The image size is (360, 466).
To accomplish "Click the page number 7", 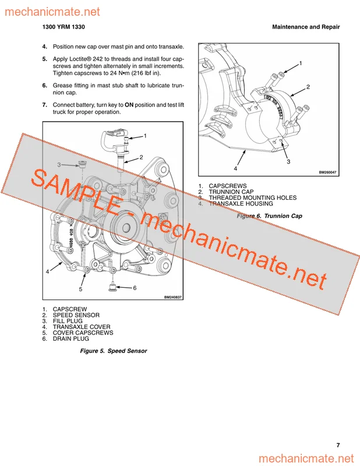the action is pyautogui.click(x=338, y=445).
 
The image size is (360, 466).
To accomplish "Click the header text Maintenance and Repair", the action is pyautogui.click(x=306, y=27).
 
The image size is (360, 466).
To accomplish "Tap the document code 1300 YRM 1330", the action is pyautogui.click(x=63, y=27).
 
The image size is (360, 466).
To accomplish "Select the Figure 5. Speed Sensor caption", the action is pyautogui.click(x=114, y=351).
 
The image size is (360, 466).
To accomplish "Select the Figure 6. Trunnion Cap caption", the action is pyautogui.click(x=269, y=216).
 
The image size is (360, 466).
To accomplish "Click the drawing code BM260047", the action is pyautogui.click(x=327, y=172).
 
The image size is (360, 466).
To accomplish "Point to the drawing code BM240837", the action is pyautogui.click(x=172, y=297).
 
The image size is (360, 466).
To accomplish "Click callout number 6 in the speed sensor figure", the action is pyautogui.click(x=135, y=288).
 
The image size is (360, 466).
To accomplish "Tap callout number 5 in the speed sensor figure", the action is pyautogui.click(x=80, y=289).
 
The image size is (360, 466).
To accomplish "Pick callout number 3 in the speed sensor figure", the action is pyautogui.click(x=59, y=165).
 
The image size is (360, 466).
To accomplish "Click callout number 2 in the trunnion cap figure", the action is pyautogui.click(x=308, y=87).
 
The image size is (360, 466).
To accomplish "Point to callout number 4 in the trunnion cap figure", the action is pyautogui.click(x=235, y=168).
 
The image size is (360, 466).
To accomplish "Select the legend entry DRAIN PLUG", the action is pyautogui.click(x=70, y=339).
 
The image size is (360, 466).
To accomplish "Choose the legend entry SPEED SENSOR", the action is pyautogui.click(x=76, y=315).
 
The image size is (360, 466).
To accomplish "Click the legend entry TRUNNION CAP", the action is pyautogui.click(x=231, y=192).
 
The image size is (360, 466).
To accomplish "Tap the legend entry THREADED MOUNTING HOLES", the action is pyautogui.click(x=253, y=198).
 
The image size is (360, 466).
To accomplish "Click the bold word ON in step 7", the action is pyautogui.click(x=129, y=105).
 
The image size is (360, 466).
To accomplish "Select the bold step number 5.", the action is pyautogui.click(x=45, y=59).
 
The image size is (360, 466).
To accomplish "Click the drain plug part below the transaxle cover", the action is pyautogui.click(x=112, y=287).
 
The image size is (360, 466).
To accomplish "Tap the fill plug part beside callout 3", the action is pyautogui.click(x=82, y=164).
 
